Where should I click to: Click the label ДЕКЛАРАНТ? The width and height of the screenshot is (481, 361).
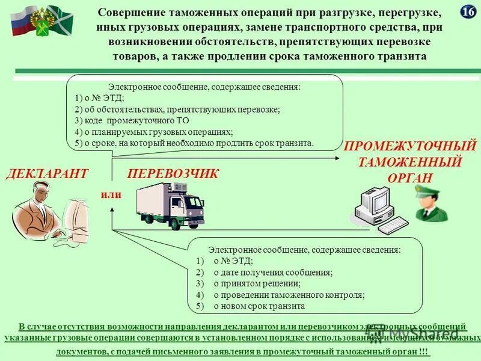[47, 174]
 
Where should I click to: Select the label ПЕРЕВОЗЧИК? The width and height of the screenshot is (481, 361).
[173, 174]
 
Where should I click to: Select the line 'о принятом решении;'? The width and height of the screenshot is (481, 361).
[257, 283]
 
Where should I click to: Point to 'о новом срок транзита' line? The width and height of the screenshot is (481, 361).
[259, 306]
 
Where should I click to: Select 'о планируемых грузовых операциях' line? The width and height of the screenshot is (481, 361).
[154, 131]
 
